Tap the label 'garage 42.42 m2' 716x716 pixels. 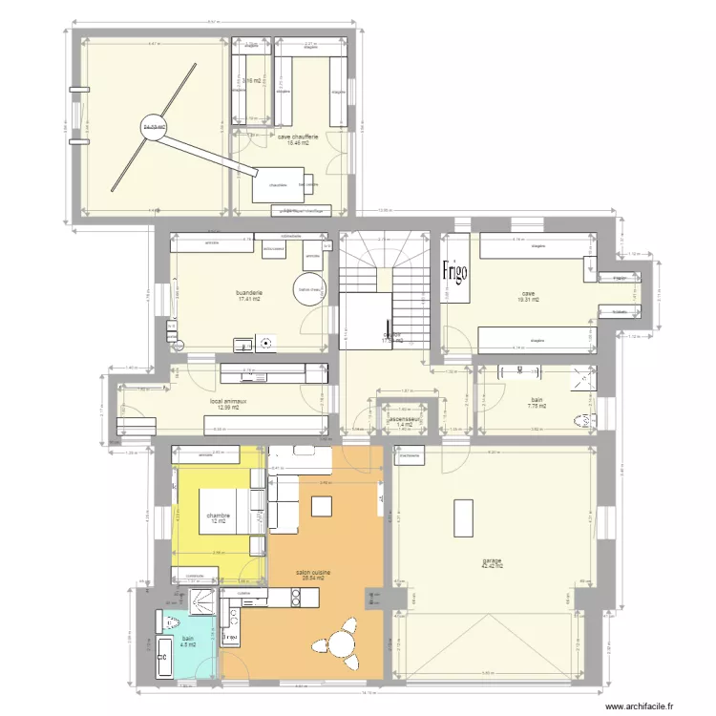pos(493,563)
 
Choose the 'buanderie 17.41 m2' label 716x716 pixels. pos(249,296)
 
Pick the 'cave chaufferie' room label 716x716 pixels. pos(299,139)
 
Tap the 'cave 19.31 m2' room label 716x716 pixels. pos(528,296)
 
